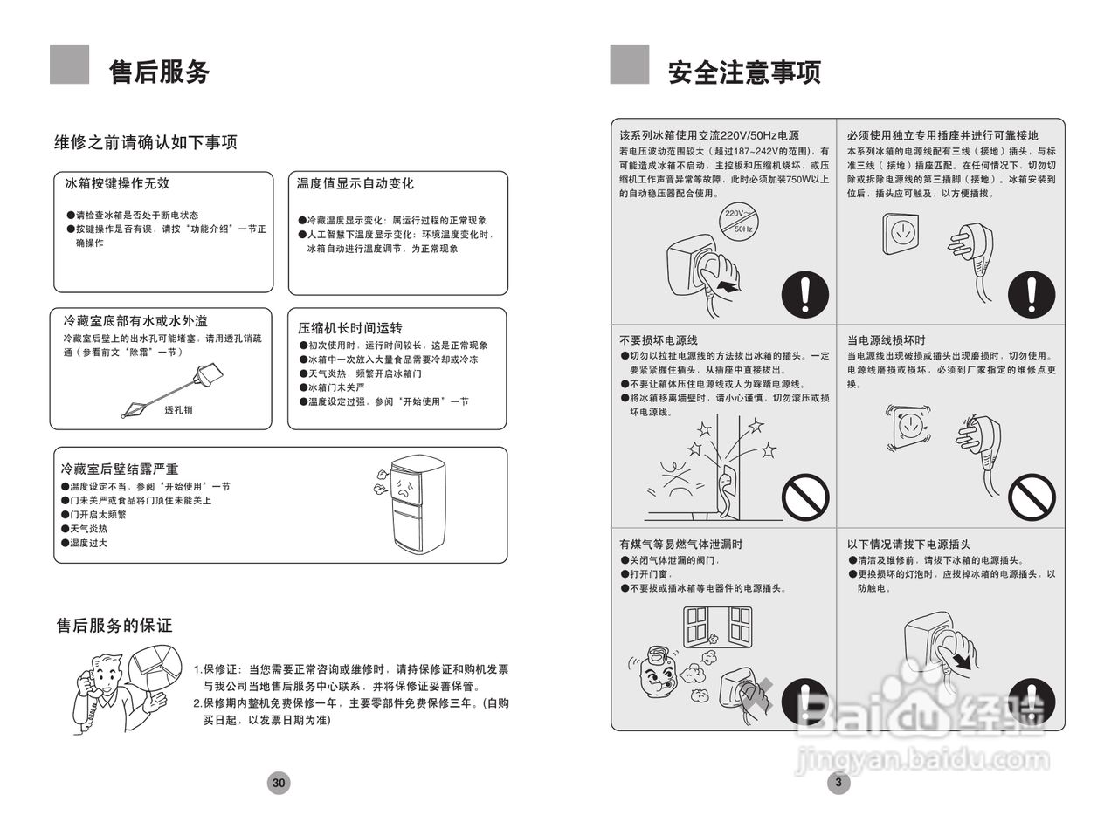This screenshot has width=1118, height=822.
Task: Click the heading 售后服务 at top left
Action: pos(159,72)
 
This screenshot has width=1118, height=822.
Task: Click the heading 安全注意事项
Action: pos(744,72)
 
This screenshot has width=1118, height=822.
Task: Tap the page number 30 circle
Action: pos(279,783)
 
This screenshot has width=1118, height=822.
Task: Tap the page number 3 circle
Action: pos(838,783)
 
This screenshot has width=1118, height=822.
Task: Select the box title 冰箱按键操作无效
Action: pos(117,183)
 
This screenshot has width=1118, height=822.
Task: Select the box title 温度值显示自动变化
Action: pos(355,183)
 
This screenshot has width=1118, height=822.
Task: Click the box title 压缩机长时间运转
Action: pos(349,328)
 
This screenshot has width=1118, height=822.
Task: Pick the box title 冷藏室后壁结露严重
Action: pos(120,469)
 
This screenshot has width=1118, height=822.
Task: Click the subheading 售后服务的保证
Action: pos(114,626)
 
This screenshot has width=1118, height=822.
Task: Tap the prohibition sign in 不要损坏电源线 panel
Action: pos(804,499)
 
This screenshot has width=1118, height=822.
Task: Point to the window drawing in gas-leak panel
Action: pos(717,626)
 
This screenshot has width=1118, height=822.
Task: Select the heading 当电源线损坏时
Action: pos(886,340)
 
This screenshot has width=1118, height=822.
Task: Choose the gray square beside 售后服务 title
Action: pos(69,65)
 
